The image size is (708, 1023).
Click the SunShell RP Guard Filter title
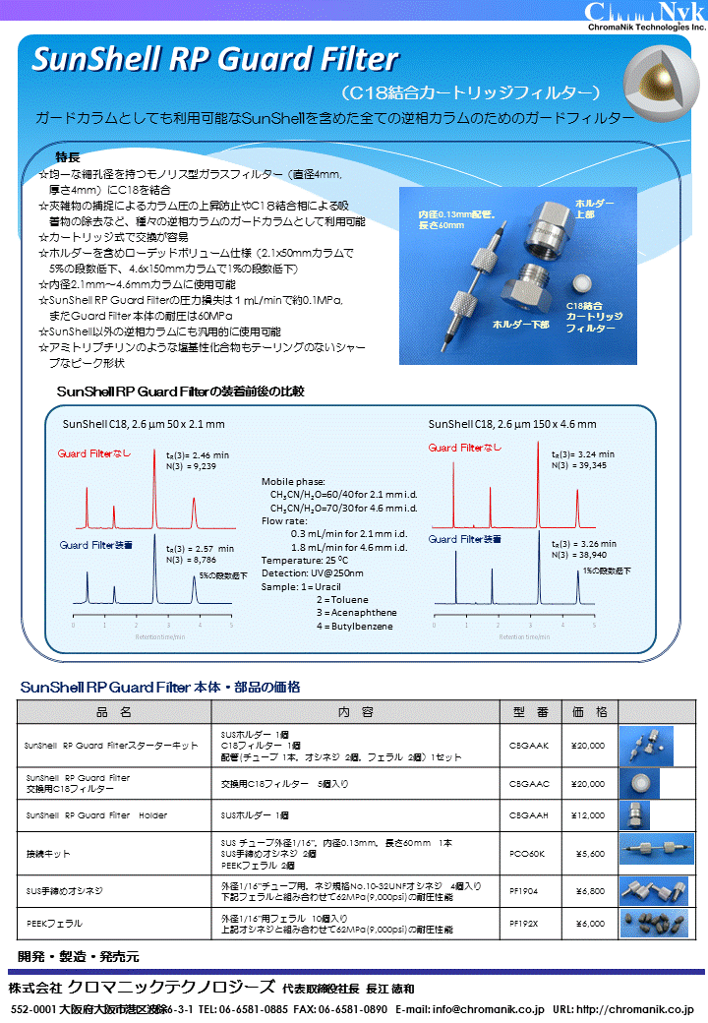tap(215, 60)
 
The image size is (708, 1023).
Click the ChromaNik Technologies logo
tap(645, 17)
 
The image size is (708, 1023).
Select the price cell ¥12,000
tap(588, 814)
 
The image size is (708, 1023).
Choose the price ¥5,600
tap(588, 853)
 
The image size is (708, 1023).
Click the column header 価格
tap(589, 711)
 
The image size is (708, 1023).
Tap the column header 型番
tap(530, 711)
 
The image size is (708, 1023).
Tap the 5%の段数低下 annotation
tap(223, 574)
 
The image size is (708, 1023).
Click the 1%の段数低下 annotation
tap(607, 571)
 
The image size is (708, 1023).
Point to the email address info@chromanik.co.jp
tap(489, 1009)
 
